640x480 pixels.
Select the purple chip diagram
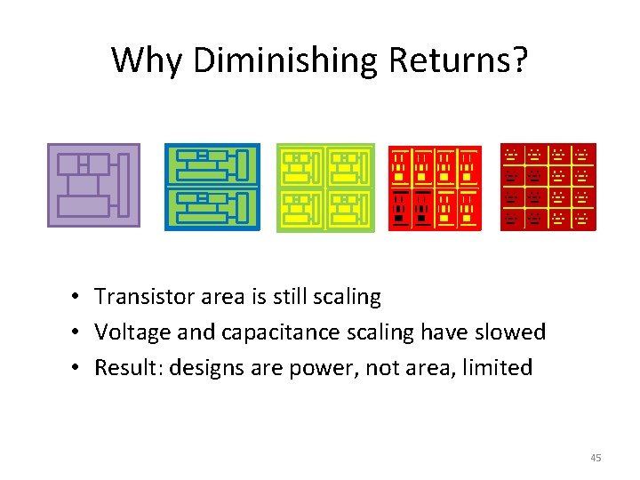tap(93, 185)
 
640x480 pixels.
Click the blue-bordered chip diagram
tap(212, 187)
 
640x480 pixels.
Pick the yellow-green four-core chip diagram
tap(325, 187)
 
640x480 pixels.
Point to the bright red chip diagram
tap(436, 188)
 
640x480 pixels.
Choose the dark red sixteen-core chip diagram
tap(548, 187)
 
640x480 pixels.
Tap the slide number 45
tap(596, 458)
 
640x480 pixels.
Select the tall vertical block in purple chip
tap(124, 185)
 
